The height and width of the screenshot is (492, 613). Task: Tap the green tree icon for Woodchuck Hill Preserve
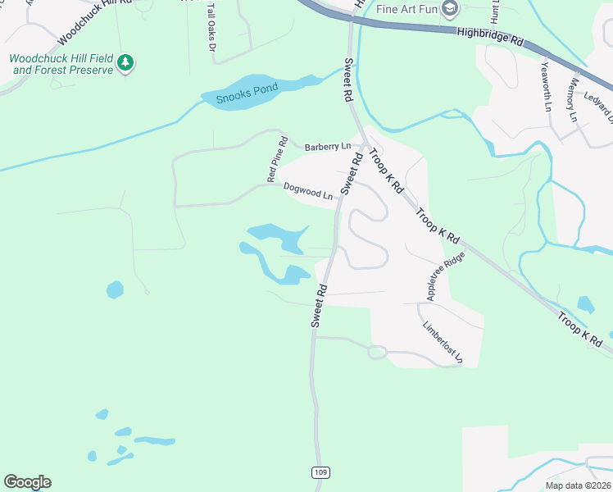pyautogui.click(x=125, y=62)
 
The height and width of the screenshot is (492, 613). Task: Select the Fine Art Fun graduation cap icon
pyautogui.click(x=449, y=9)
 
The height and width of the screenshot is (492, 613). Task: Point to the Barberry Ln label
pyautogui.click(x=327, y=147)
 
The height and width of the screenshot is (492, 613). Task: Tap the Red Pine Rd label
pyautogui.click(x=276, y=159)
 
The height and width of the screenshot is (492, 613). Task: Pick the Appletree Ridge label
pyautogui.click(x=446, y=275)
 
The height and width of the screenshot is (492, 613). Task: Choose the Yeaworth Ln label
pyautogui.click(x=547, y=85)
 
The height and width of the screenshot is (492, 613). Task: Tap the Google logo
pyautogui.click(x=27, y=482)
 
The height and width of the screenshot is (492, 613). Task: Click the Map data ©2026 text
pyautogui.click(x=577, y=485)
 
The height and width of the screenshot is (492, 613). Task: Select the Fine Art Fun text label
pyautogui.click(x=406, y=9)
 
